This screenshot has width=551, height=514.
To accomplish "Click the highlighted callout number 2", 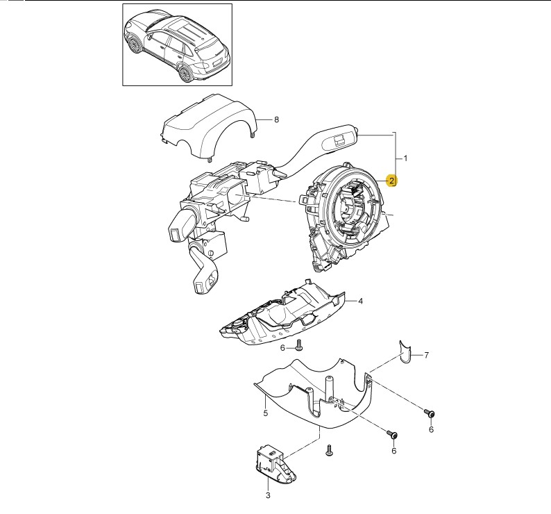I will [392, 181].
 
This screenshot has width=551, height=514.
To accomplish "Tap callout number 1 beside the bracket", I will [405, 158].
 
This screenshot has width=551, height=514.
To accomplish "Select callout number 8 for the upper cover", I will [276, 120].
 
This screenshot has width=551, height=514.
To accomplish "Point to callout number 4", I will [361, 301].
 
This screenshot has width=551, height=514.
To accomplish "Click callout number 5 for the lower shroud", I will [265, 414].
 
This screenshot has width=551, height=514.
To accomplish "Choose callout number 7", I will [426, 356].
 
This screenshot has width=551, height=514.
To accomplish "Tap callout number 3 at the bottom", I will [268, 495].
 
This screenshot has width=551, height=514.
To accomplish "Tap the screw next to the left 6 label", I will [299, 345].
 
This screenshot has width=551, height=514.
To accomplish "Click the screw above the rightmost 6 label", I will [430, 415].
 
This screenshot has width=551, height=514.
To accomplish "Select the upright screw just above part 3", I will [330, 451].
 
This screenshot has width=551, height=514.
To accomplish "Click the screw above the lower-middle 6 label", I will [393, 436].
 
